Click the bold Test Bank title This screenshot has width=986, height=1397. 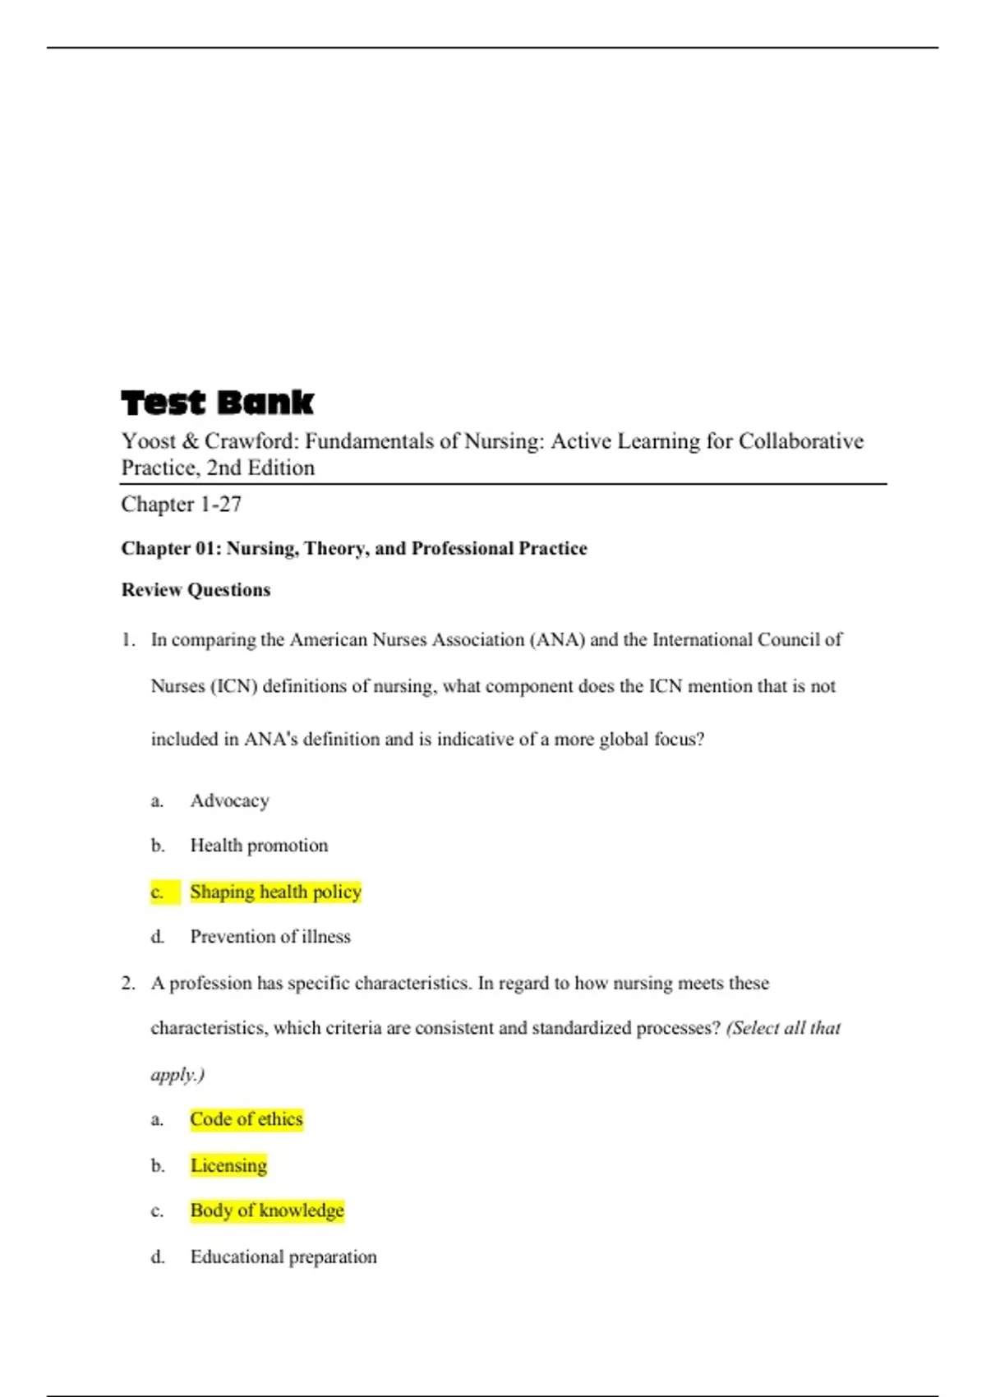click(x=217, y=403)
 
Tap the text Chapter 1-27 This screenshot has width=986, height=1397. click(x=181, y=504)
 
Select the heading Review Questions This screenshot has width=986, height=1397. click(x=196, y=590)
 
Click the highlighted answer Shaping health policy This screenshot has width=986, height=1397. click(x=275, y=892)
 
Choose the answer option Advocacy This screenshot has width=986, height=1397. click(x=229, y=800)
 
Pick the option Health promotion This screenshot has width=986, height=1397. click(x=259, y=846)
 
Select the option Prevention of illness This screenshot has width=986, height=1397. click(x=270, y=937)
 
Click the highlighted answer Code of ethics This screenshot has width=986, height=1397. click(x=246, y=1119)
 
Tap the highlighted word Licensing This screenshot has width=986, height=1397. click(x=228, y=1165)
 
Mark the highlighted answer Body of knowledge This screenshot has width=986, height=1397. click(x=267, y=1210)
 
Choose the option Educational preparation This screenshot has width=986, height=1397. click(x=283, y=1256)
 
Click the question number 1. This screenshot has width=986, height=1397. click(x=128, y=640)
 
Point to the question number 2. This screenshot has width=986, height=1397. click(x=128, y=984)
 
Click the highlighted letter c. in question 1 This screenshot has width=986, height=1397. click(x=158, y=892)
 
